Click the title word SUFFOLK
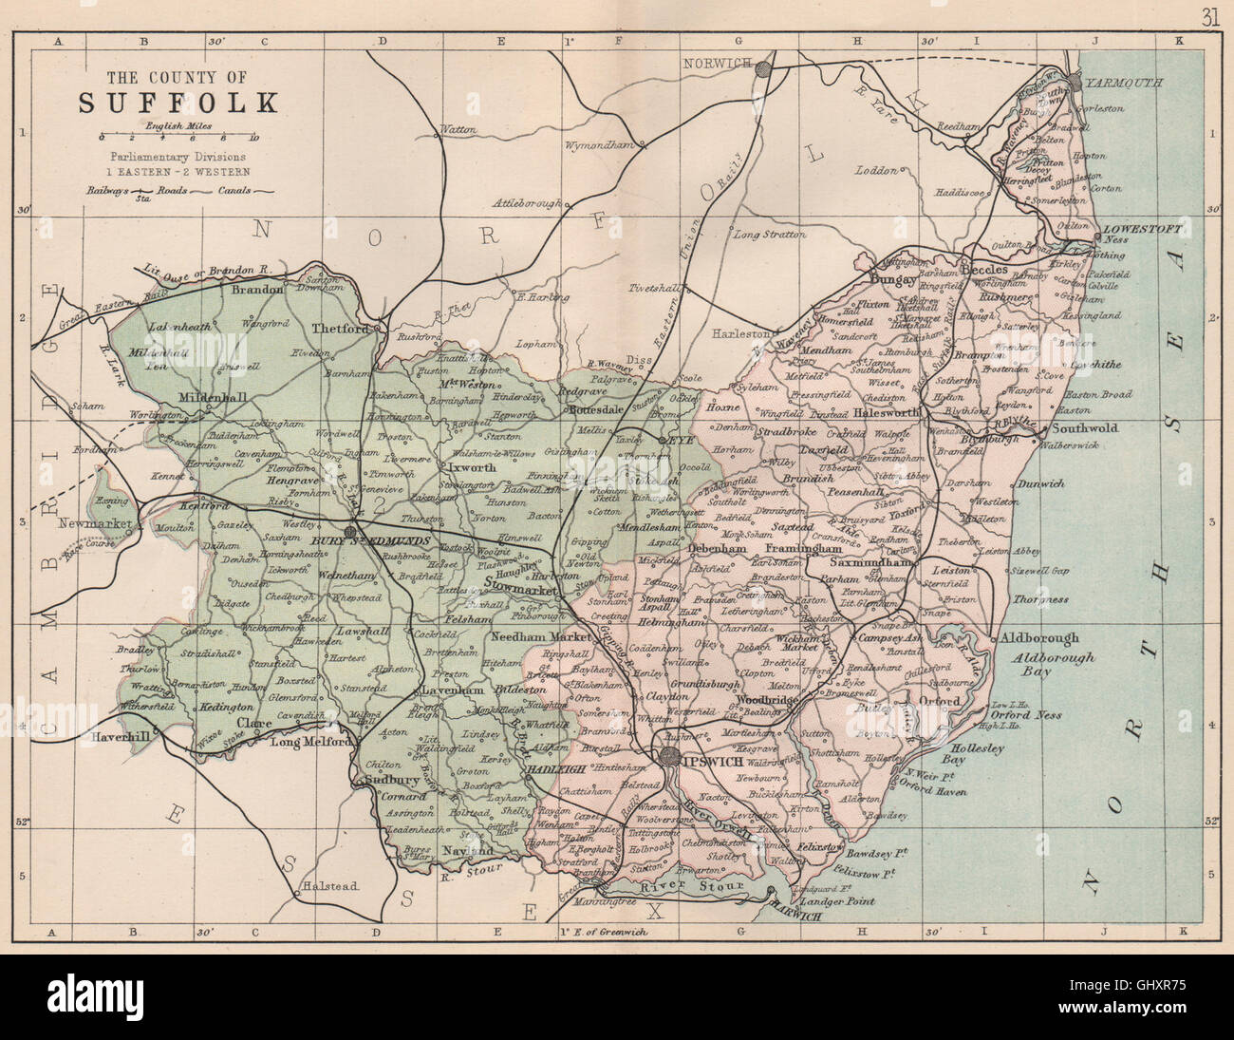tap(178, 102)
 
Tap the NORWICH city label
tap(717, 63)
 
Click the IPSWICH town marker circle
tap(670, 756)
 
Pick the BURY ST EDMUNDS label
tap(393, 540)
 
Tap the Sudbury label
tap(384, 781)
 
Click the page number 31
tap(1209, 16)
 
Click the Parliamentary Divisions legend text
tap(178, 156)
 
